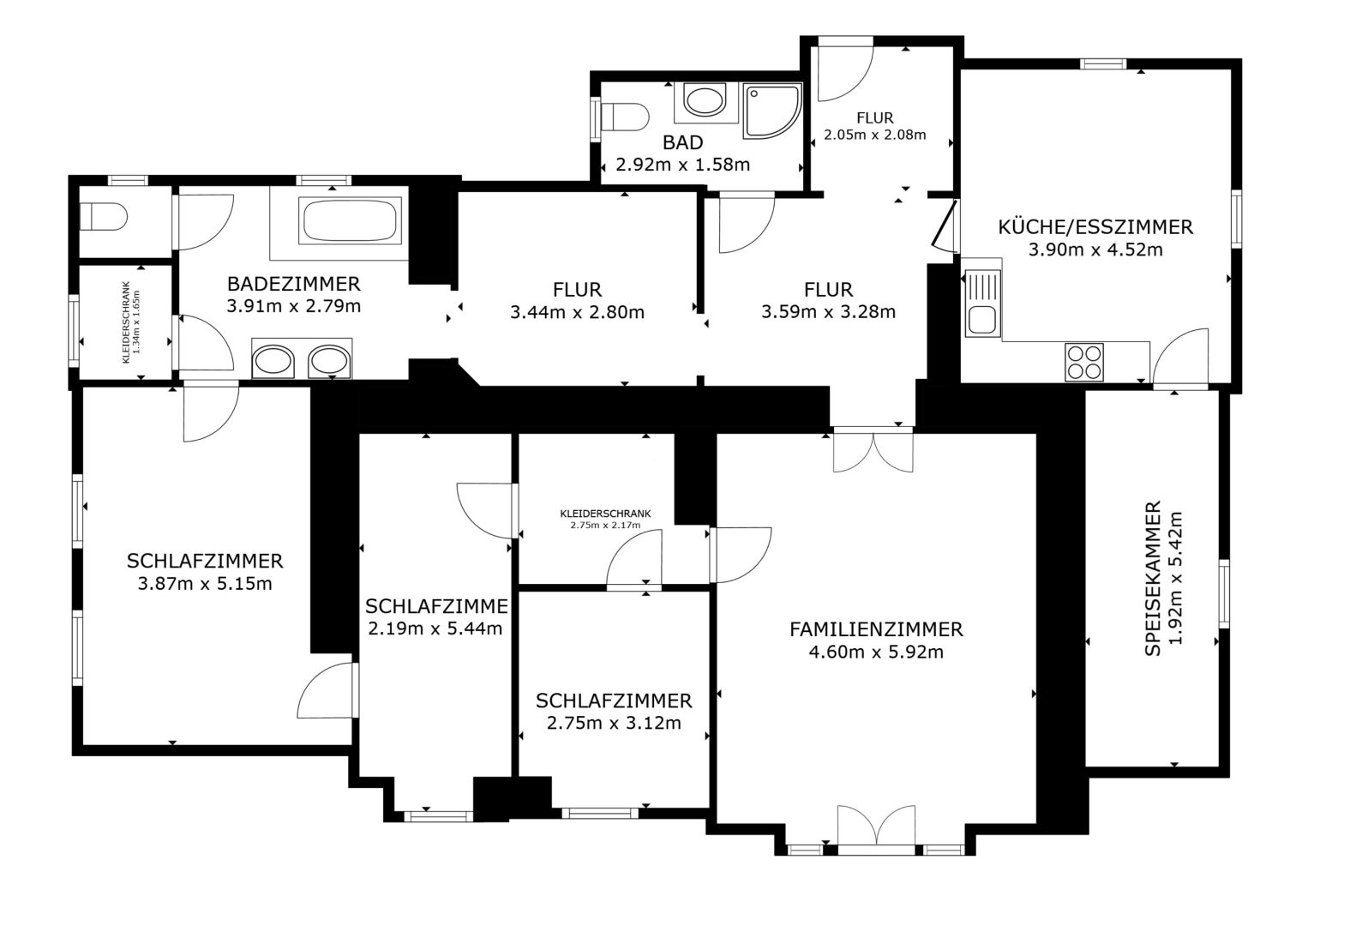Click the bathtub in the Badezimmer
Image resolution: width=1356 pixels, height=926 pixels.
tap(350, 220)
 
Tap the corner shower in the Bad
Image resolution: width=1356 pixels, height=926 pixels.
tap(771, 111)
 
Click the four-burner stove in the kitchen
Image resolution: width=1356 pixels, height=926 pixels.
tap(1083, 362)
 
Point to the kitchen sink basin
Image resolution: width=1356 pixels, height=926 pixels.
tap(981, 320)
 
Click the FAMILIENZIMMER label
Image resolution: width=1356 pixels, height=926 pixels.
tap(876, 629)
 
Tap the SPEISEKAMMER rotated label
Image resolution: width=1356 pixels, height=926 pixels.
tap(1153, 578)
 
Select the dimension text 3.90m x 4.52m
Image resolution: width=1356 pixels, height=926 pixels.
tap(1095, 250)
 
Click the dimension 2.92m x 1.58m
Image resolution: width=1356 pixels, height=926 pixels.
tap(682, 164)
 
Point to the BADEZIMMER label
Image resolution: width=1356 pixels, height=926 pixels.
tap(294, 284)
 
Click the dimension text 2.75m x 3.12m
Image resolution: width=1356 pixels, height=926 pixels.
tap(614, 723)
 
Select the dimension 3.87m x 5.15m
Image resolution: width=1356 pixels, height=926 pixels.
tap(205, 584)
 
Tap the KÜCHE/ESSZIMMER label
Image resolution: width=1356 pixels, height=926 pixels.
tap(1095, 226)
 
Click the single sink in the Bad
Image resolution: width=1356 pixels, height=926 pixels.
tap(705, 100)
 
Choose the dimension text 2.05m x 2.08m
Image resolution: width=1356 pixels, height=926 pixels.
tap(875, 135)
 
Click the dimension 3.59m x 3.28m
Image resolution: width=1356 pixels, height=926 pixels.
tap(828, 312)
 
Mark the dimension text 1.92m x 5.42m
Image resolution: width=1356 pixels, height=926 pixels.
tap(1175, 578)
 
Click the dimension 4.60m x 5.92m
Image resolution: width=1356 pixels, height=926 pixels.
tap(876, 652)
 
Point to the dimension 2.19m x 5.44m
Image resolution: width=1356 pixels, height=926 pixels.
tap(435, 628)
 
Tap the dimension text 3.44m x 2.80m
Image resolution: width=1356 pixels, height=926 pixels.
tap(577, 312)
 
